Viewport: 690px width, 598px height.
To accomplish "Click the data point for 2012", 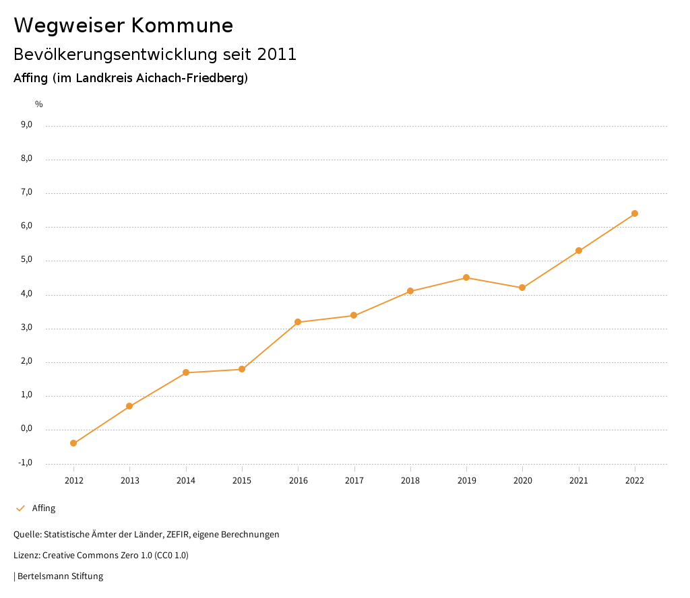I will coord(73,443).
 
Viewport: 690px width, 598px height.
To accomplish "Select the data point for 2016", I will coord(298,322).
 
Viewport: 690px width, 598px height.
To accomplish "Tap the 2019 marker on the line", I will coord(466,277).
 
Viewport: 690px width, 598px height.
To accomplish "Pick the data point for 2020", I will coord(522,288).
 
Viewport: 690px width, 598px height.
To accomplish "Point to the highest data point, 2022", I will coord(635,213).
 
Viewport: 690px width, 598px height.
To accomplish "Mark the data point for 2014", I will coord(185,372).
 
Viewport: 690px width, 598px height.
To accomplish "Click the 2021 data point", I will coord(579,251).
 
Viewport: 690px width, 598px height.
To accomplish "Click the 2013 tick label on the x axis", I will coord(130,480).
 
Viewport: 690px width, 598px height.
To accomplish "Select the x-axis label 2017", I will coord(354,480).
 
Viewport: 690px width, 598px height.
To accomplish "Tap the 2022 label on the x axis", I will coord(635,480).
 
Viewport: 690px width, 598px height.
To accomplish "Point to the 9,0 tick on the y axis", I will coord(27,125).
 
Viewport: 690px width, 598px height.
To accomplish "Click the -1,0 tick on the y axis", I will coord(26,463).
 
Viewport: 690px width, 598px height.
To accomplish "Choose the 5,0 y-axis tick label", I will coord(27,260).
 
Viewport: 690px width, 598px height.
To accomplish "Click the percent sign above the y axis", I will coord(39,104).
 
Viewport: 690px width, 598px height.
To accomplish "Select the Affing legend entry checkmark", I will coord(20,508).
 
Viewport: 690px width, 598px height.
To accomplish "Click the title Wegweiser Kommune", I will coord(123,26).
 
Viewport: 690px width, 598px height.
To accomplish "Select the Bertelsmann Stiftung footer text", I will coord(60,576).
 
